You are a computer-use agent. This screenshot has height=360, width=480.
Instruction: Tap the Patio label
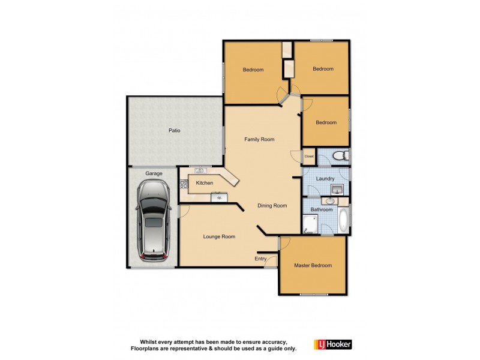(174, 130)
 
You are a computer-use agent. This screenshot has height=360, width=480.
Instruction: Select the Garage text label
(154, 173)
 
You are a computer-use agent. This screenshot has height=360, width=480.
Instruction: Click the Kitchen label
(204, 183)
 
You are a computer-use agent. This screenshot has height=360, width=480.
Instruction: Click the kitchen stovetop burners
(184, 184)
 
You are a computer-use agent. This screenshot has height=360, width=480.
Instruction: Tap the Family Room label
(259, 139)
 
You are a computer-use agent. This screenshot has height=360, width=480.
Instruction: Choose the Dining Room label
(272, 206)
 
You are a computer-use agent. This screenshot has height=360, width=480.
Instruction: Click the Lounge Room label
(219, 236)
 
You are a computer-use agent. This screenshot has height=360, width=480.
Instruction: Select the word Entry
(260, 259)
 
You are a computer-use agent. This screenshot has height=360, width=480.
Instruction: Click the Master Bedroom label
(313, 265)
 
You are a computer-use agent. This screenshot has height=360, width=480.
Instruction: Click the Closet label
(309, 157)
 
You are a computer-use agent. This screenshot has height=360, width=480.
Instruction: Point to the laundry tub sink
(337, 190)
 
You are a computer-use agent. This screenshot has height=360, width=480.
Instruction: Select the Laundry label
(325, 178)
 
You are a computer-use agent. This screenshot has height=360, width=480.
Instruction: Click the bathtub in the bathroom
(342, 221)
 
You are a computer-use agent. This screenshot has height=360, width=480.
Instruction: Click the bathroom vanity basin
(329, 201)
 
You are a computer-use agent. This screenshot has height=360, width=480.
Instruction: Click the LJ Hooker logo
(333, 344)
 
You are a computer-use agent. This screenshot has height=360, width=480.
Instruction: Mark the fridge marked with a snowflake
(219, 197)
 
